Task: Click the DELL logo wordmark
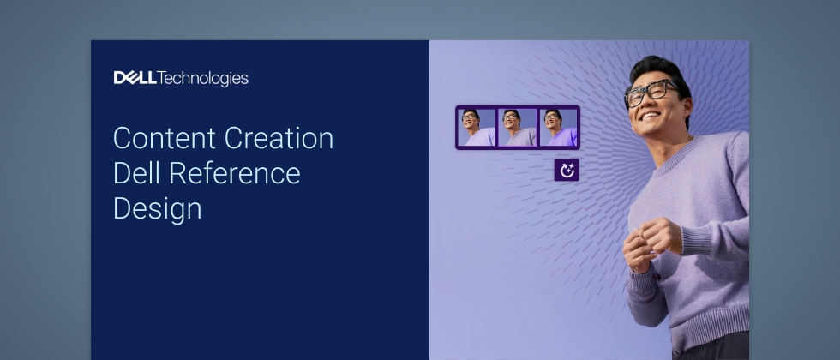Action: click(x=135, y=78)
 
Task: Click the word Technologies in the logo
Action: click(x=203, y=79)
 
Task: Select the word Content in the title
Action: click(x=165, y=138)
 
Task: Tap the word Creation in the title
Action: click(x=279, y=138)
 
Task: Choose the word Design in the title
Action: click(x=158, y=209)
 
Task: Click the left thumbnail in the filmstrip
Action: click(x=477, y=128)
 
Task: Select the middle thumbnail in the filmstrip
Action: click(x=518, y=128)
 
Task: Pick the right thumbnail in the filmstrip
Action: click(x=558, y=128)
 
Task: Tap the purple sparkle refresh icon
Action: click(x=567, y=171)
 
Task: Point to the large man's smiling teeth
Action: click(x=651, y=115)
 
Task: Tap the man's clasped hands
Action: click(x=651, y=243)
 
